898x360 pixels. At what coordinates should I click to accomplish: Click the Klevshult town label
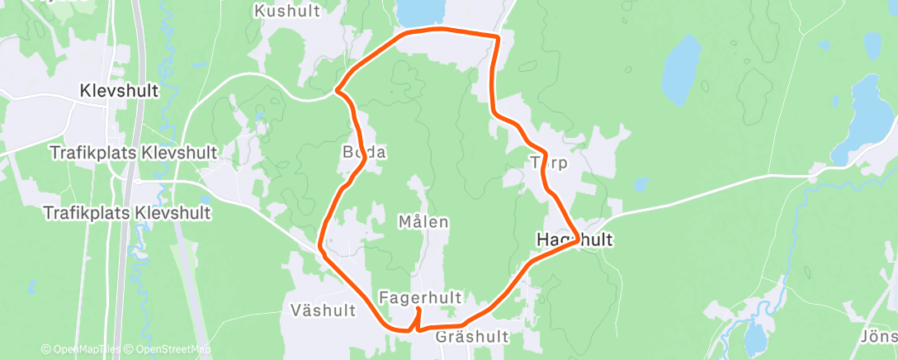point(120,91)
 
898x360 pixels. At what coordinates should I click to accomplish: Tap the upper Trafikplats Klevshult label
point(134,153)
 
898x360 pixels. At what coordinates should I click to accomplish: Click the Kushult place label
point(286,11)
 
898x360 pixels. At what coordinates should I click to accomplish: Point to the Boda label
point(364,153)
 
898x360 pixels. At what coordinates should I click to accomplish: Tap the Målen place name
point(423,222)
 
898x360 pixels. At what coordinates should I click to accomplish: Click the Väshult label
point(324,310)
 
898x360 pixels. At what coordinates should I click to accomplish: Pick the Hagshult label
point(574,239)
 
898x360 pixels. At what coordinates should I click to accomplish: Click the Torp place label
point(550,163)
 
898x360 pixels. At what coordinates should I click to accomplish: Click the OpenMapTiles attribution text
point(81,350)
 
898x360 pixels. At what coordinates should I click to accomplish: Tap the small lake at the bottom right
point(754,338)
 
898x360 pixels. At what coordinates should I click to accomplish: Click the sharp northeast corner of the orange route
point(499,36)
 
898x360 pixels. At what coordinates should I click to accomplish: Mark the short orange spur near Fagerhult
point(418,317)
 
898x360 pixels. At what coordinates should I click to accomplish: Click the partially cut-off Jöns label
point(880,337)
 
